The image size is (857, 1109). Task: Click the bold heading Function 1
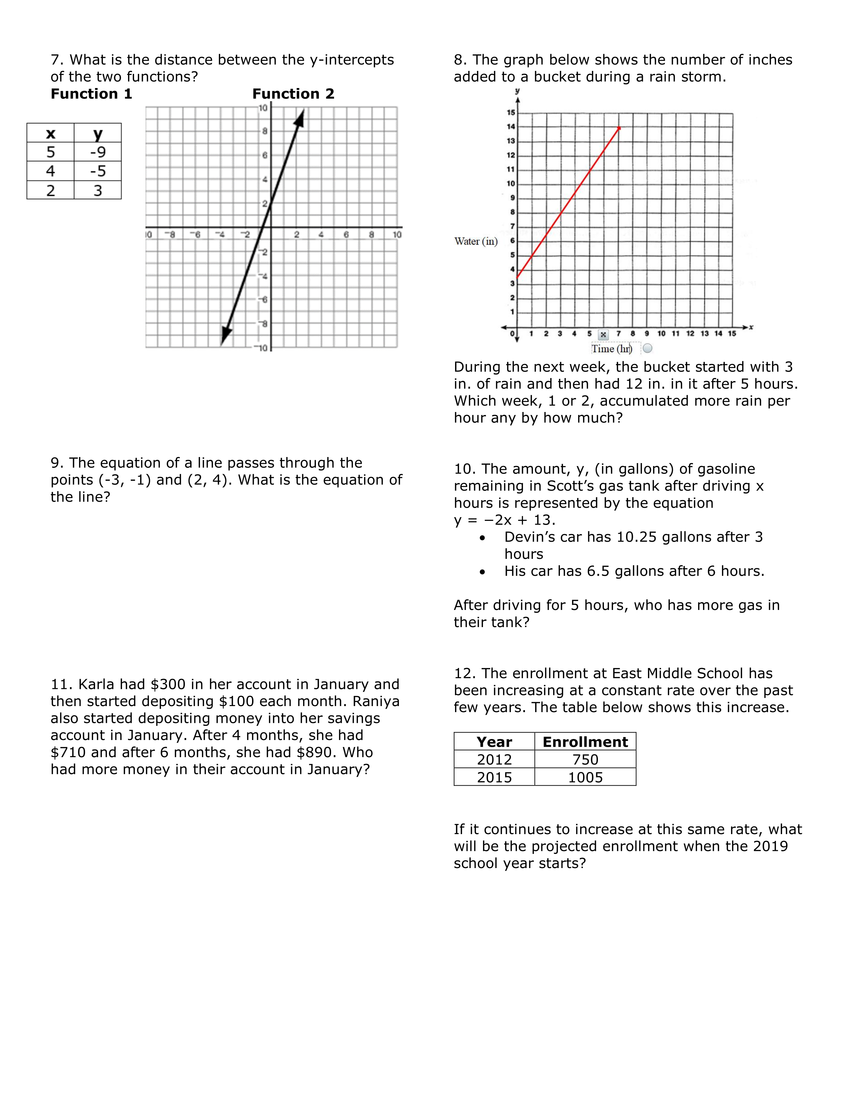click(x=91, y=94)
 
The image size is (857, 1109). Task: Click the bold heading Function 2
click(x=293, y=94)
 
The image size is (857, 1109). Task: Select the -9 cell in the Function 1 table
click(x=97, y=152)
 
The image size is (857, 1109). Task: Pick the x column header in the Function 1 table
click(x=50, y=133)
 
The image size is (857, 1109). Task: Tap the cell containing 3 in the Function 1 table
click(x=97, y=191)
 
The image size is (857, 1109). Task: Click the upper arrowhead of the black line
click(x=300, y=118)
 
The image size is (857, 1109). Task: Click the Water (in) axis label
click(x=476, y=241)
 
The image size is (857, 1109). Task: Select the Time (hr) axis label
click(x=611, y=348)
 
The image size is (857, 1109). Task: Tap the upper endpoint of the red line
click(x=619, y=127)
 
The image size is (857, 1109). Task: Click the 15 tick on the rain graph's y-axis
click(x=511, y=113)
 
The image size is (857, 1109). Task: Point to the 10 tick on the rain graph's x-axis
click(x=661, y=334)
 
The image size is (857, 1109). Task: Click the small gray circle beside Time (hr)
click(x=647, y=348)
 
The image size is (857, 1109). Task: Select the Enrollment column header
click(x=585, y=742)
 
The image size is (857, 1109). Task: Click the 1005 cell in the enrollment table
click(x=585, y=777)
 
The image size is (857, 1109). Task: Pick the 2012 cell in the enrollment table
click(x=494, y=759)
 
